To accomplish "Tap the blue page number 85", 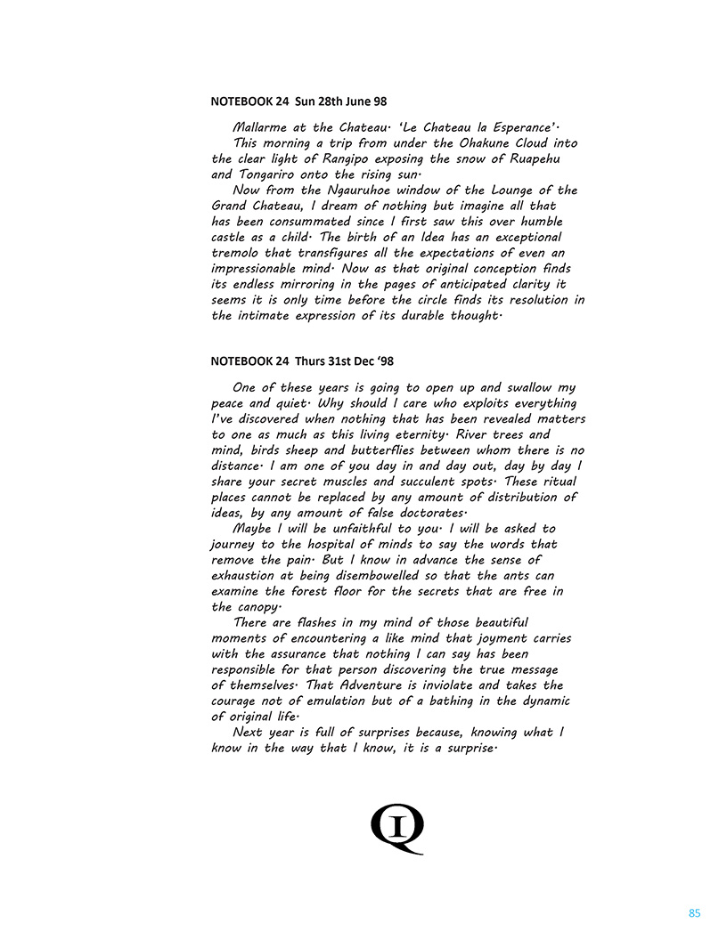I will (695, 913).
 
